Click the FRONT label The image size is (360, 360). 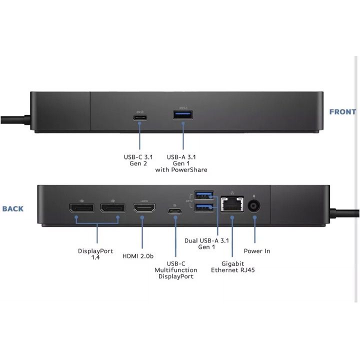[342, 112]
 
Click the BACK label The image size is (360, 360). [12, 208]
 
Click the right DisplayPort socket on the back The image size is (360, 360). [112, 208]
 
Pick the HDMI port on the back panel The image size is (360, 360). [143, 208]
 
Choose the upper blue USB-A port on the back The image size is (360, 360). [205, 195]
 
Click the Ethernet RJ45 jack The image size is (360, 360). [231, 204]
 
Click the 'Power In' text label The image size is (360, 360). [257, 250]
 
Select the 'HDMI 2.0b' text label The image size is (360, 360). [138, 256]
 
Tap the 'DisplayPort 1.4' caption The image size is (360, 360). [95, 254]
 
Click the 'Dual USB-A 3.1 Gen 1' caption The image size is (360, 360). [207, 243]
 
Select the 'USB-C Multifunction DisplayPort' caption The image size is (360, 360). [175, 270]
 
